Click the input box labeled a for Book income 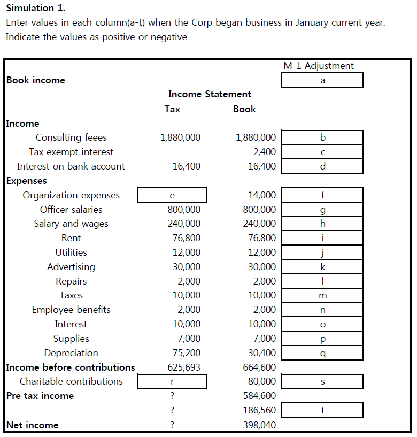coord(322,80)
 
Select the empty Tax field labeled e coord(172,195)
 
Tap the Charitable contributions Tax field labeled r coord(172,381)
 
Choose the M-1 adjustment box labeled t coord(322,410)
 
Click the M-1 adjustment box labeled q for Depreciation coord(322,353)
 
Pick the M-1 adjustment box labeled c coord(322,152)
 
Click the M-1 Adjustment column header coord(319,66)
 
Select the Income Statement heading coord(210,94)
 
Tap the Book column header coord(244,109)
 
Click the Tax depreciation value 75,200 coord(189,353)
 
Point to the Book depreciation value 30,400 coord(264,353)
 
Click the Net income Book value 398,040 coord(259,425)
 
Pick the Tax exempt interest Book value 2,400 coord(265,152)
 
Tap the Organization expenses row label coord(71,195)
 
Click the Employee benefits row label coord(71,310)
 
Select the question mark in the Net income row coord(172,425)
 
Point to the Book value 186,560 coord(259,410)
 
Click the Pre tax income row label coord(40,396)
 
